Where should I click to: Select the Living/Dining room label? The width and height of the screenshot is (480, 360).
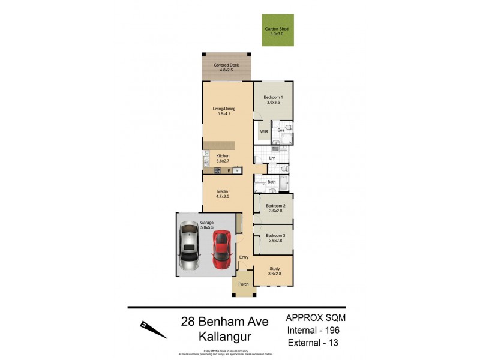[224, 111]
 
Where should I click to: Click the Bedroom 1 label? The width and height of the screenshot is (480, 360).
[273, 100]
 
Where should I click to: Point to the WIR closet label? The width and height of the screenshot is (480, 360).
[263, 131]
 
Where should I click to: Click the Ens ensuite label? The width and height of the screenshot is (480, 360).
[280, 130]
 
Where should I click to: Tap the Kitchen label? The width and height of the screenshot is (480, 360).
[223, 158]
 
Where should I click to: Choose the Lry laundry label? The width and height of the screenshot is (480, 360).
[272, 158]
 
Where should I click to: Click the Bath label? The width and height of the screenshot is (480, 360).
[271, 181]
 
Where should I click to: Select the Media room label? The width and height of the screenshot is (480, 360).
[223, 193]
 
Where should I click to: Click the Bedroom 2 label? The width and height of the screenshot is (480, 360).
[275, 208]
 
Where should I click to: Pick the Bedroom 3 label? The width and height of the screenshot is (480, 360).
[275, 238]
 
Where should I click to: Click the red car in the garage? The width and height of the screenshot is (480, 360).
[221, 250]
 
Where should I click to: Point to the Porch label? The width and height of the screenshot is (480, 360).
[243, 284]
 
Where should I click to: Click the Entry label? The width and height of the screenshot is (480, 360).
[244, 257]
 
